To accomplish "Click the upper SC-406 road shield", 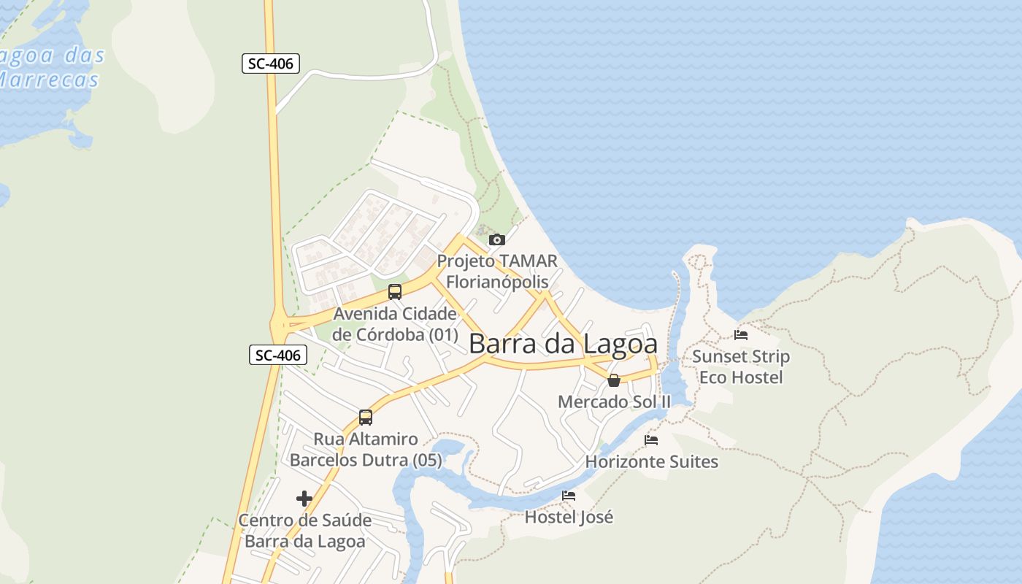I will pos(271,64).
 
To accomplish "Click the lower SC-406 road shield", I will pos(278,356).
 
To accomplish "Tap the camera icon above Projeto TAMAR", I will pos(496,239).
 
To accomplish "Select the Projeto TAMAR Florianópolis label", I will pos(497,271).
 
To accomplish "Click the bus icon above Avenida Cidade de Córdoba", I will pos(395,292).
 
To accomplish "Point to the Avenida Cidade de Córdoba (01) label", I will pos(395,324).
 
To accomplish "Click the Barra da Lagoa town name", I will pos(563,344).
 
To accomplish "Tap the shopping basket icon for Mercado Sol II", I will pos(614,380).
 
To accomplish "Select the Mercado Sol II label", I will pos(614,401).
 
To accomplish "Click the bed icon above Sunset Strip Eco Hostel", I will pos(741,335).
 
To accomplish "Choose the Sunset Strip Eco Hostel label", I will pos(741,366).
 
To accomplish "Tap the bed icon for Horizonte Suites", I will pos(651,440).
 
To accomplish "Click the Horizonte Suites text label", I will pos(652,461).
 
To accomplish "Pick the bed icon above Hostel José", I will pos(569,496).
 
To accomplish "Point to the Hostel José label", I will pos(569,517).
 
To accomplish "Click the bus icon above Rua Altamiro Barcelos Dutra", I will pos(366,418).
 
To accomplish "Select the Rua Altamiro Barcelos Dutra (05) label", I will pos(366,449).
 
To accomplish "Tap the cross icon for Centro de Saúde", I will pos(304,499).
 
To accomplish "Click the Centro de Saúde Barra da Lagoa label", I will pos(304,531).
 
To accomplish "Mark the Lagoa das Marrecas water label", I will pos(51,67).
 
